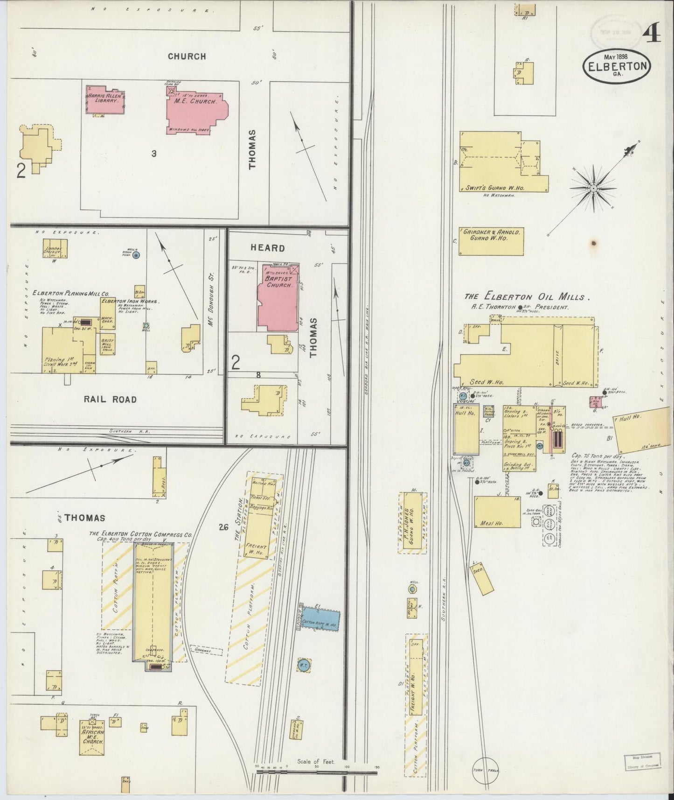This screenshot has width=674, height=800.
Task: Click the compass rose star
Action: [593, 188]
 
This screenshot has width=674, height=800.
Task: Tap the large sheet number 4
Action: [651, 33]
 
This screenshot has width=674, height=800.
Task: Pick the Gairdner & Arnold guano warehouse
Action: [491, 241]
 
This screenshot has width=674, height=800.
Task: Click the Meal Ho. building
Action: [497, 512]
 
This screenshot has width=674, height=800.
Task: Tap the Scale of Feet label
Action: [316, 762]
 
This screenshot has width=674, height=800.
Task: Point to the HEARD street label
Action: [268, 247]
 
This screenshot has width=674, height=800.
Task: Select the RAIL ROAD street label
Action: [111, 399]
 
